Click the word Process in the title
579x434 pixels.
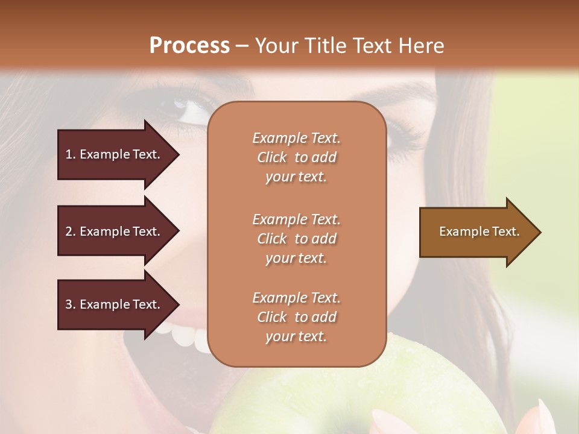[x=189, y=45]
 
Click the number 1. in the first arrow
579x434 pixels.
[x=71, y=154]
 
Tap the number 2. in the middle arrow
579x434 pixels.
[x=71, y=231]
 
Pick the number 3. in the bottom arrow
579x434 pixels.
[x=71, y=304]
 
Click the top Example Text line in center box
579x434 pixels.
[x=296, y=138]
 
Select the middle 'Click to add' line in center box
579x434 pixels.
[x=296, y=239]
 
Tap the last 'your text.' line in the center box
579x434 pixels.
[x=296, y=336]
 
